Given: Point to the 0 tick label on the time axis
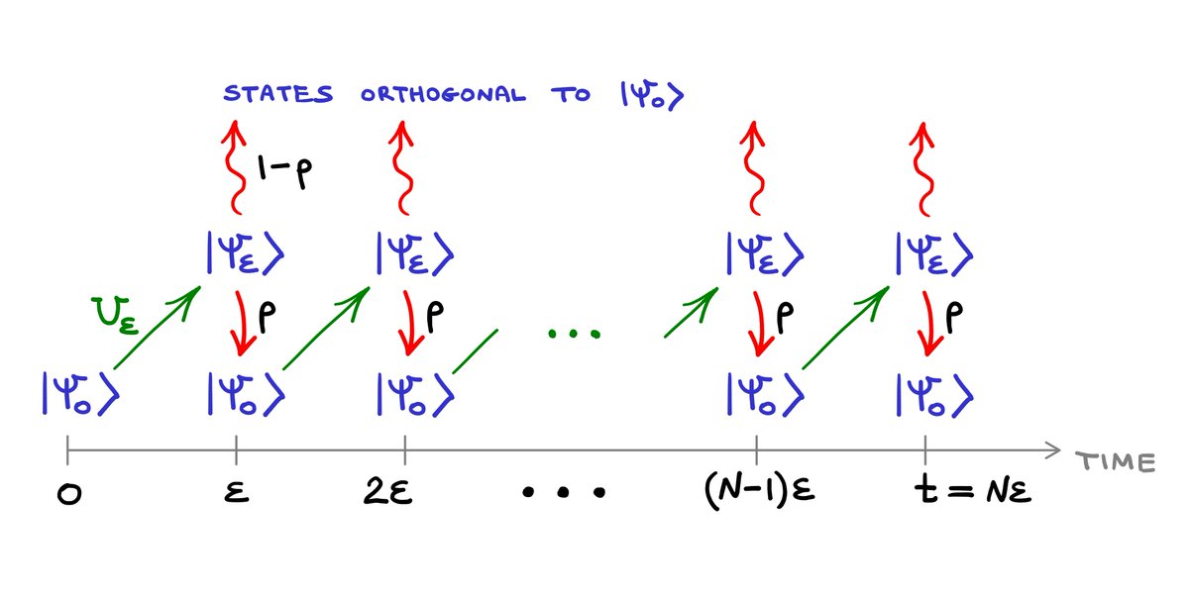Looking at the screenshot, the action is tap(67, 492).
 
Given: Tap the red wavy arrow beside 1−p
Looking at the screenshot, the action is tap(235, 168).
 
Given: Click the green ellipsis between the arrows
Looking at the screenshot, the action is tap(574, 334).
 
